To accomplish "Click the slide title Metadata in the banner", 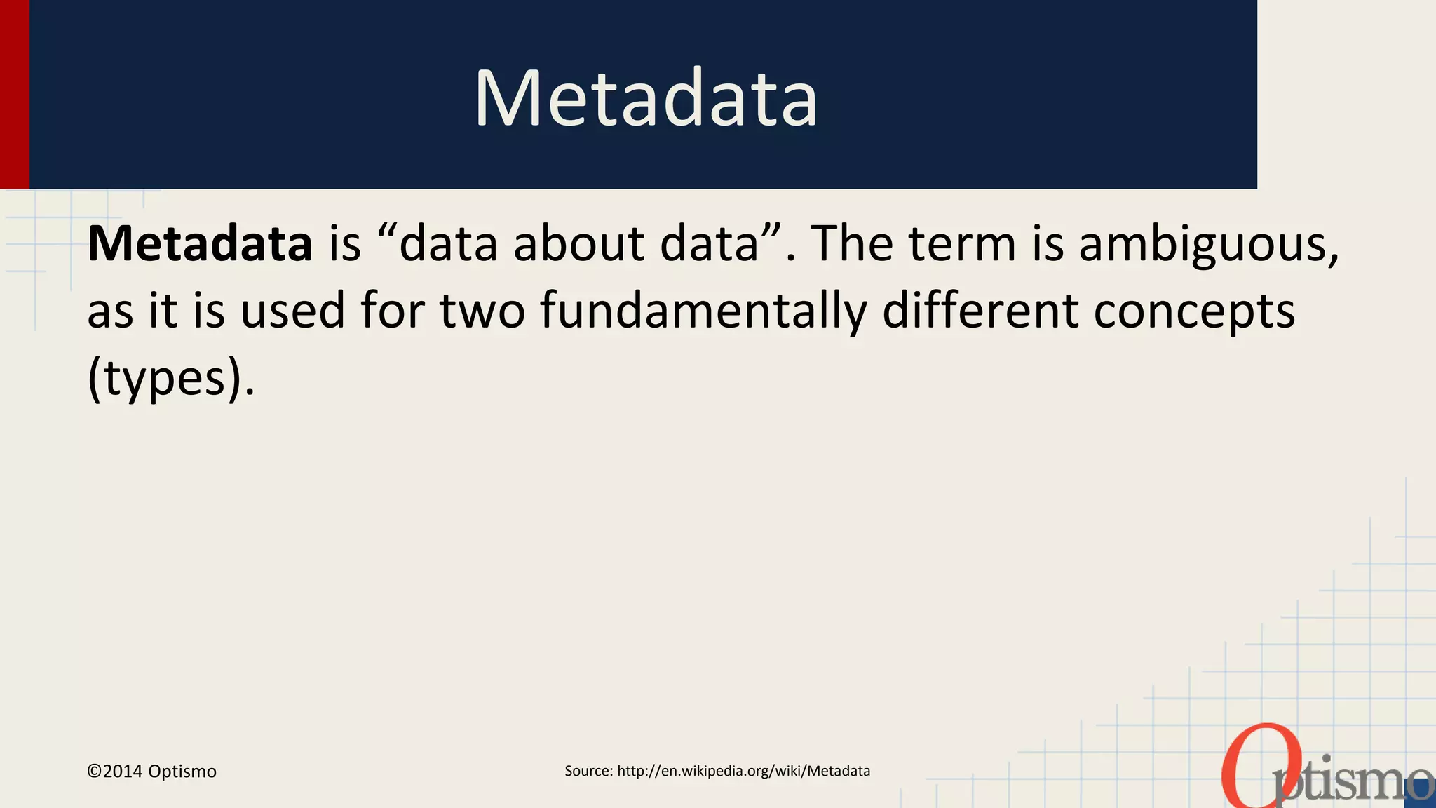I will pos(646,98).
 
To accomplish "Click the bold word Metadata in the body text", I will pos(200,244).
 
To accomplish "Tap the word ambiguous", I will pos(1208,244).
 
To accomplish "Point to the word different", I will pos(980,311).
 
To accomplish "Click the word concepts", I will pos(1193,311).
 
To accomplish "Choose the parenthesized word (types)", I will pos(170,379).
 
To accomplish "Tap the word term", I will pos(962,244).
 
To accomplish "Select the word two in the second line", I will pos(482,311).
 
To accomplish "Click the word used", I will pos(293,311).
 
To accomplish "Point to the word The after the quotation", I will pos(852,244).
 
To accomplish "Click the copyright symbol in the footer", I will pos(94,772).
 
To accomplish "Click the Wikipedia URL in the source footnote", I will pos(743,771).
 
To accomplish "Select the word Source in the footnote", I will pos(588,771).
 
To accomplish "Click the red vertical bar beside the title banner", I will pos(14,94).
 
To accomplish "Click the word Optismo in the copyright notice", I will pos(182,772).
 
